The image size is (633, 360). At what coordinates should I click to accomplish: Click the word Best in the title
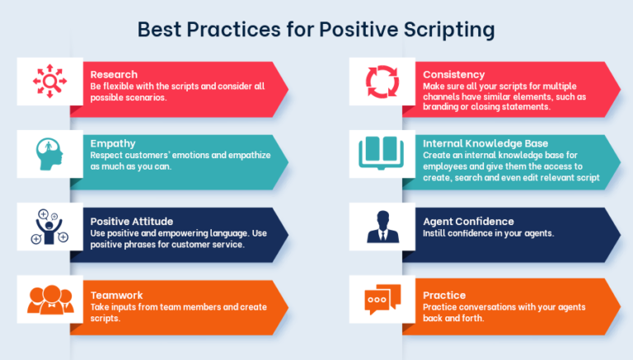click(x=158, y=30)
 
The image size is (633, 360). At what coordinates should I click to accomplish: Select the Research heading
click(x=114, y=74)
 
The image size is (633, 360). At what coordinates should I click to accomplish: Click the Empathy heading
click(x=113, y=143)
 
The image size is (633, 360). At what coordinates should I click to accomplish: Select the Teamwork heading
click(x=116, y=294)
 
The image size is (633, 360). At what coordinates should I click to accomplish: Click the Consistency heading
click(x=454, y=74)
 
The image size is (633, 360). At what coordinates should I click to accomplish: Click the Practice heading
click(x=444, y=294)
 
